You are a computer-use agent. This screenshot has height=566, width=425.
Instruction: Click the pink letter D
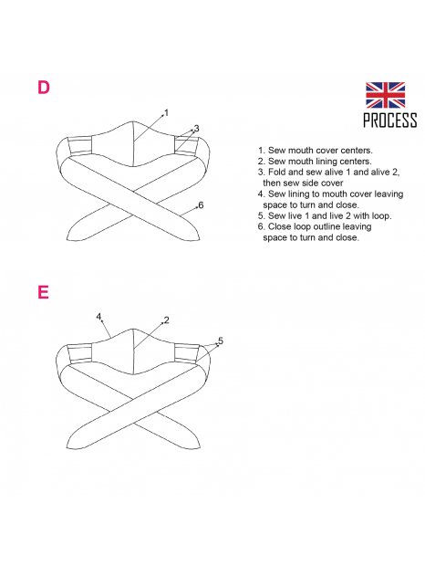[43, 88]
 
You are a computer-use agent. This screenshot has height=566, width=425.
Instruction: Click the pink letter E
[43, 292]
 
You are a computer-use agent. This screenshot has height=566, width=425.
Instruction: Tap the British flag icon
[385, 95]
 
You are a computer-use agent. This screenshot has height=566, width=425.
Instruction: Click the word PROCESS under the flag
[390, 121]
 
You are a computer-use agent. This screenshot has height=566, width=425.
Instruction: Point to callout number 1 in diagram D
[166, 112]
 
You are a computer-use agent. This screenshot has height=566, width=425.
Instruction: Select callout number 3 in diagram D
[196, 128]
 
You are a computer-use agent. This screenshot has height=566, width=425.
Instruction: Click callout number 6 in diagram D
[201, 205]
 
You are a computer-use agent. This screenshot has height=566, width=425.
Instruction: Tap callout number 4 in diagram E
[98, 317]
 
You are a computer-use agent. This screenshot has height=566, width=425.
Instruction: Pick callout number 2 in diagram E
[166, 320]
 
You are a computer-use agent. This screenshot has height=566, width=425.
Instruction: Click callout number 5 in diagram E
[221, 341]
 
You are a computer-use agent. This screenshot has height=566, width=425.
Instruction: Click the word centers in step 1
[355, 150]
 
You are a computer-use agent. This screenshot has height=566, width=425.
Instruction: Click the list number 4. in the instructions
[262, 194]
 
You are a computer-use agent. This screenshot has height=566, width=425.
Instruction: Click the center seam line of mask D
[134, 143]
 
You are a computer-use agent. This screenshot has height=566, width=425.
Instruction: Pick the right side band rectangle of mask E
[187, 353]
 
